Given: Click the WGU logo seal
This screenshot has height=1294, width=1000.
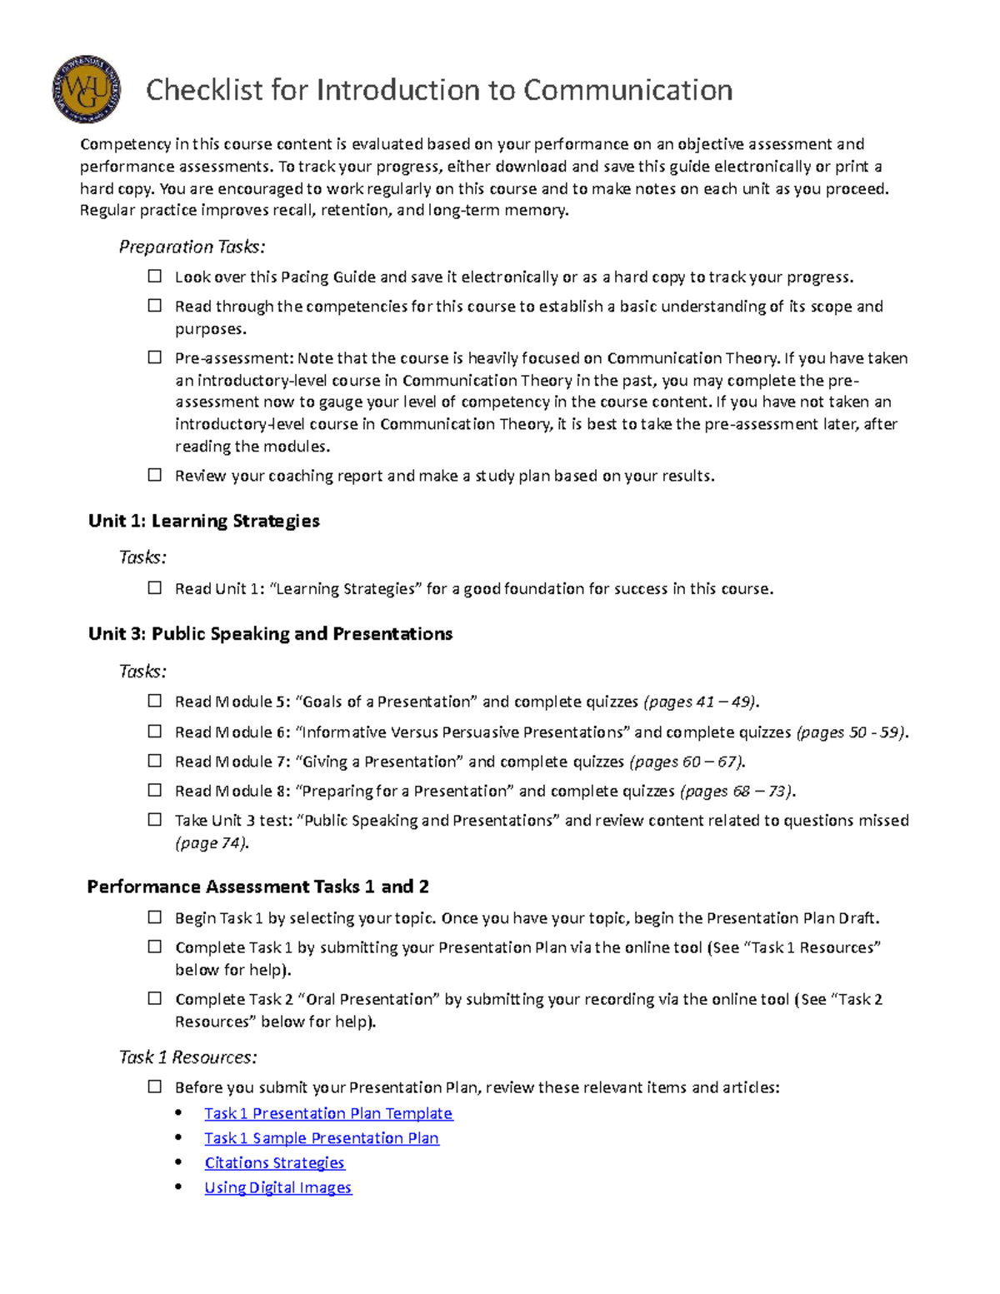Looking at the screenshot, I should pos(86,90).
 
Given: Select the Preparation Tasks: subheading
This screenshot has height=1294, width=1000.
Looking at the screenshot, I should pos(192,247).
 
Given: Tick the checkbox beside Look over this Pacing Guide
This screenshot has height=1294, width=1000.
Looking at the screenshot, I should pos(155,277).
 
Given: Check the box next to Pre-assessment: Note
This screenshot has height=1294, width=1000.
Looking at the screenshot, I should pos(155,357).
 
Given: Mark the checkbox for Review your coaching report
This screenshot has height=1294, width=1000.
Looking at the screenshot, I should pos(155,475).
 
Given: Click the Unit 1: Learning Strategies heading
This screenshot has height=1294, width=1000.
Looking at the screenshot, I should pos(204,521).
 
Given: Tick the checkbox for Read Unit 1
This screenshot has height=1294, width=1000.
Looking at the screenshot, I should pos(155,588).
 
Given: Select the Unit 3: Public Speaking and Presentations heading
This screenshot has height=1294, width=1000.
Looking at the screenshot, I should pos(270,634).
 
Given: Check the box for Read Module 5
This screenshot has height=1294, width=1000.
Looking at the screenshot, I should pos(155,701).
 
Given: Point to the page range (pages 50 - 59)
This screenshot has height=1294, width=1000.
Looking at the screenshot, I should pos(852,732).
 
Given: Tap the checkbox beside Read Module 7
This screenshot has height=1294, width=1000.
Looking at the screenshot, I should pos(155,761).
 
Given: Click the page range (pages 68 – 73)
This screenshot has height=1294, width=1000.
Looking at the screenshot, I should pos(737,791).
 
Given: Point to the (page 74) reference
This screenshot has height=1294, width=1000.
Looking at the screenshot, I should pos(212,843).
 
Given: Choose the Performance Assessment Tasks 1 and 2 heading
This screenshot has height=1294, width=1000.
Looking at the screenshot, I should pos(258,887).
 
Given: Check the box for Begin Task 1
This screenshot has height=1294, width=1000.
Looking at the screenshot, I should pos(155,917).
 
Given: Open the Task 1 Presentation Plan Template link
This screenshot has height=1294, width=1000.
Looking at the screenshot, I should pos(328,1113).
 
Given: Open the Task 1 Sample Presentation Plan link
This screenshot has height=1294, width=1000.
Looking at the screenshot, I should pos(322,1138).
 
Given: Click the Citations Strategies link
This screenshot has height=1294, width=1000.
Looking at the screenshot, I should pos(274,1162).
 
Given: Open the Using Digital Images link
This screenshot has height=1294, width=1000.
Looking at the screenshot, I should pos(278,1187).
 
